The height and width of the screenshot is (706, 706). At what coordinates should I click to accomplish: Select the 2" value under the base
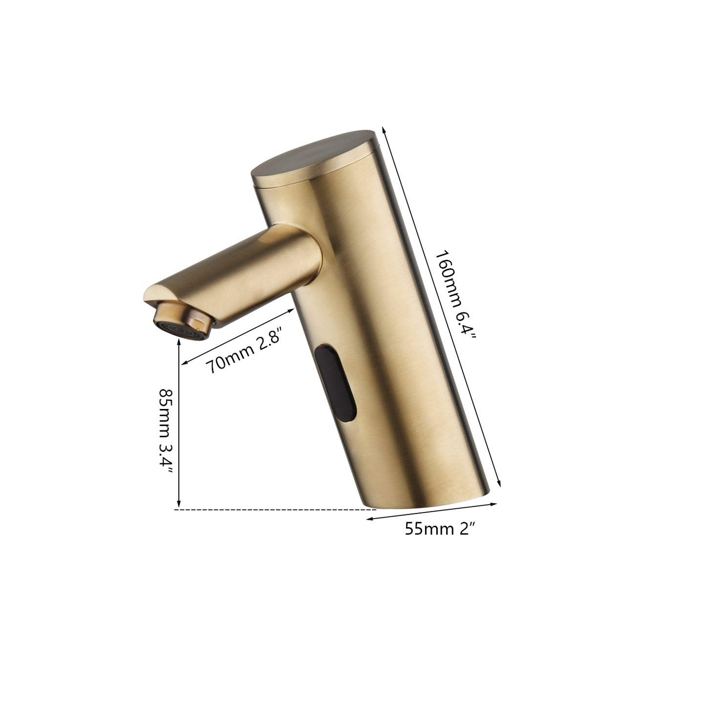tap(466, 528)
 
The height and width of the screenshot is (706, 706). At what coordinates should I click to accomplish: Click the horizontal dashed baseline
tap(274, 510)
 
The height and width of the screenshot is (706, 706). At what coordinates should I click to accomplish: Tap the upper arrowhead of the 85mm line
tap(179, 342)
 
